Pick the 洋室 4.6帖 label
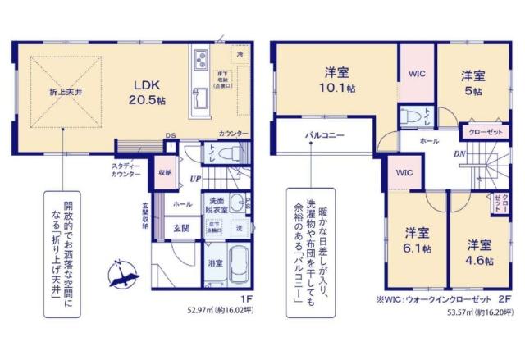tap(481, 252)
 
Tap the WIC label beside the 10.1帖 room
tap(416, 72)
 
